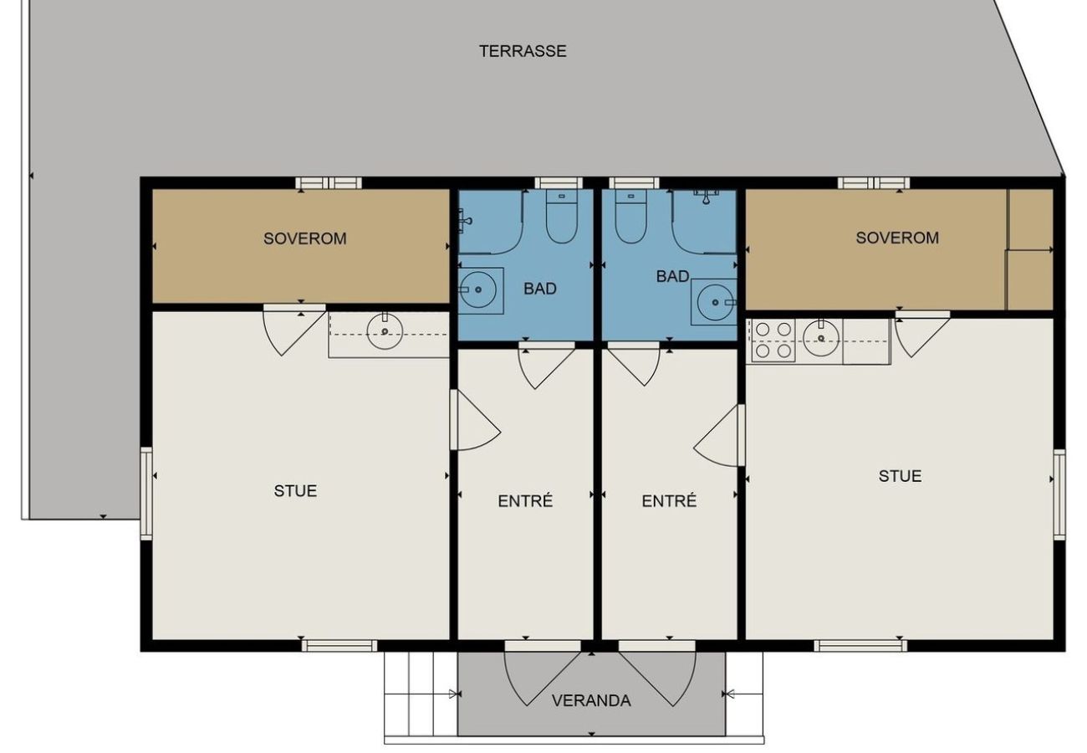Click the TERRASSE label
[x=523, y=51]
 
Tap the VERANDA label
[x=591, y=701]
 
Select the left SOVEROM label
[x=304, y=238]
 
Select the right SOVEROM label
[x=896, y=238]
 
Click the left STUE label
[x=295, y=491]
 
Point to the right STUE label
[x=900, y=476]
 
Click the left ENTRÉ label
[x=525, y=501]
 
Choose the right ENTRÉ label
[x=669, y=501]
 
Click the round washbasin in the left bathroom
[x=479, y=289]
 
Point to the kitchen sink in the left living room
[x=385, y=332]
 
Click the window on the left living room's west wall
[x=146, y=494]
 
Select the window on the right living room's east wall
[x=1059, y=494]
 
